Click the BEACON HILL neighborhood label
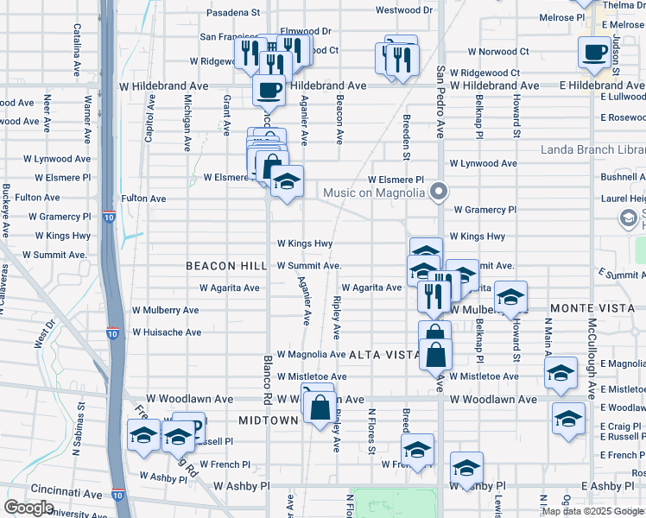coord(221,266)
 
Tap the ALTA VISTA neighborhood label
coord(384,355)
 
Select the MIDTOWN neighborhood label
coord(268,420)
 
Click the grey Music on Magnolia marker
coord(440,191)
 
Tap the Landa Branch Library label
coord(592,149)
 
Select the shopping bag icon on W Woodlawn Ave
coord(319,408)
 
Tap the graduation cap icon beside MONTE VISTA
coord(510,299)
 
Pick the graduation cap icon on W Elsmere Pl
coord(287,182)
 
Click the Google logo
coord(28,508)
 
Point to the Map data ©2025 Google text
coord(592,511)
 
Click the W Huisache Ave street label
coord(166,332)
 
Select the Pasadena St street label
coord(232,13)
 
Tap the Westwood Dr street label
coord(403,10)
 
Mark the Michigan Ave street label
coord(187,123)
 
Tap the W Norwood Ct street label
coord(487,52)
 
